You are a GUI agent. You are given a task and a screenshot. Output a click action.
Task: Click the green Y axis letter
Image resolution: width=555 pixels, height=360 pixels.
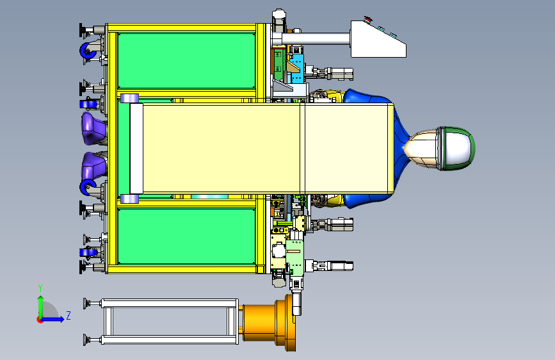tap(40, 288)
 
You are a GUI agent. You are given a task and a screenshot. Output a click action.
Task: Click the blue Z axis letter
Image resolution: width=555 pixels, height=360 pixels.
tap(68, 315)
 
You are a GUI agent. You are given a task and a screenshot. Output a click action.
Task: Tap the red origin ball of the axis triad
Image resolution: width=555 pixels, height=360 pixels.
tap(40, 320)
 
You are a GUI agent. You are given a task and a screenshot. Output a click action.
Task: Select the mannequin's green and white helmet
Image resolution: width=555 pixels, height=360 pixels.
tap(456, 149)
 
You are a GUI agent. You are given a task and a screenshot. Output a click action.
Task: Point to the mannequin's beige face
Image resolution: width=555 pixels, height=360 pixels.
tap(421, 148)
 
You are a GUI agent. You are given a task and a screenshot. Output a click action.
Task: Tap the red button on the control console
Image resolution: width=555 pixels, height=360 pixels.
tap(368, 19)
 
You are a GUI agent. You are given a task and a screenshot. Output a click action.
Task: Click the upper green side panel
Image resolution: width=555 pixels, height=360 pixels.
tap(186, 61)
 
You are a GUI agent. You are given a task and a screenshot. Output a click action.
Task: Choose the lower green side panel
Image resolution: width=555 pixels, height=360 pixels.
tap(186, 236)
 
